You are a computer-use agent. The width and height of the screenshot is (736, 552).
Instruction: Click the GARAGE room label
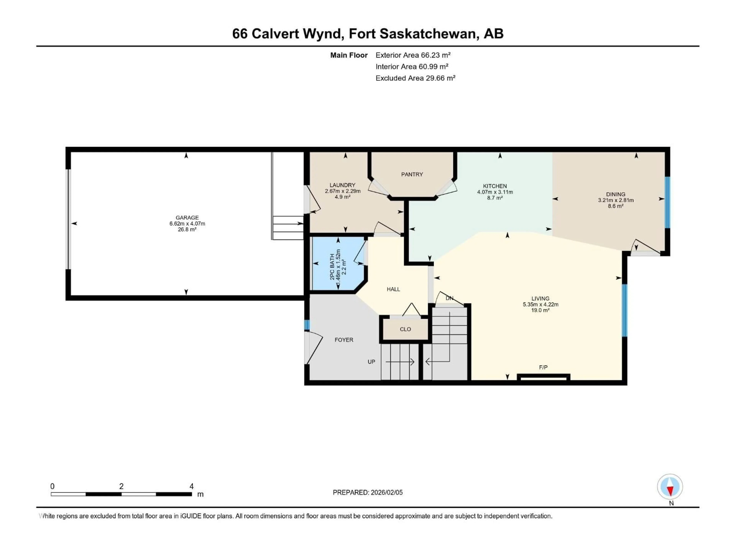[187, 218]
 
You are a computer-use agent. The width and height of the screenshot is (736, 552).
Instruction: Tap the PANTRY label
[412, 174]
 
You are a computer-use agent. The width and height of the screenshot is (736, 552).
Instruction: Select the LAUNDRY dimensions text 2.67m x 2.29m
[343, 191]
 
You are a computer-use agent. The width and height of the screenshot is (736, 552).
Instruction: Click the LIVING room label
[540, 298]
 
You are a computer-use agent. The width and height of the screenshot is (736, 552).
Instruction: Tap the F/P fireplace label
[543, 367]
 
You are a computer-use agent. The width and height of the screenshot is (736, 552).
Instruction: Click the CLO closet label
[405, 329]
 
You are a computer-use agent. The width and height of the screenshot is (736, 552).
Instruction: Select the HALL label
[393, 289]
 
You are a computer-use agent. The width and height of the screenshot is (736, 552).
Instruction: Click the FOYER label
[344, 340]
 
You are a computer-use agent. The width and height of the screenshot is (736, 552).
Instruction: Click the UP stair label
[371, 362]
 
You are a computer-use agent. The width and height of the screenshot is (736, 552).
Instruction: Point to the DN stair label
[449, 298]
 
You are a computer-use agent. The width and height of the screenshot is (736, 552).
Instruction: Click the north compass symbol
[670, 487]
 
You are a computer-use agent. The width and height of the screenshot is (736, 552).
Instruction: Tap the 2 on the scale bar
[122, 486]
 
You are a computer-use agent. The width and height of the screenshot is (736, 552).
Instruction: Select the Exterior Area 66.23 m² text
[413, 55]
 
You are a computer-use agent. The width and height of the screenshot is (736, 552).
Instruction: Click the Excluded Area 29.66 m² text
[415, 78]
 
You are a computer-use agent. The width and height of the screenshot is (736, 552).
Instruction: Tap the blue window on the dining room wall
[667, 202]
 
